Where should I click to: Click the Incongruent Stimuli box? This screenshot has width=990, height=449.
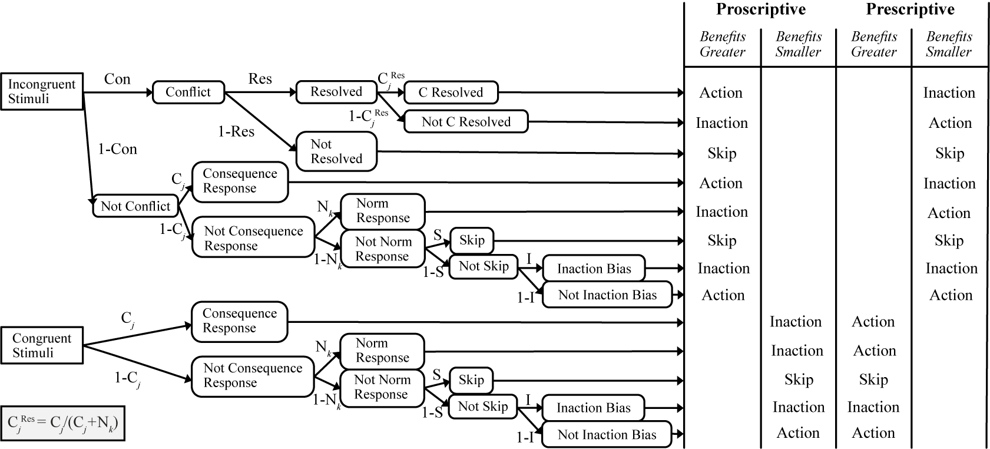pyautogui.click(x=41, y=91)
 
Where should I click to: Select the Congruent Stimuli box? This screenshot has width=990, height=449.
pyautogui.click(x=41, y=346)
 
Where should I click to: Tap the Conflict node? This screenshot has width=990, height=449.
pyautogui.click(x=188, y=92)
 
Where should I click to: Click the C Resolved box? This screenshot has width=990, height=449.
pyautogui.click(x=451, y=93)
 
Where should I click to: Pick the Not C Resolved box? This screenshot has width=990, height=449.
pyautogui.click(x=466, y=122)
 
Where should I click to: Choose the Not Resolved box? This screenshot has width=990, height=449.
pyautogui.click(x=336, y=151)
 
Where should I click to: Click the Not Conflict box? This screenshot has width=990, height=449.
pyautogui.click(x=135, y=206)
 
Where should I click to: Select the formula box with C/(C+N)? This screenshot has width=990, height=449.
pyautogui.click(x=63, y=423)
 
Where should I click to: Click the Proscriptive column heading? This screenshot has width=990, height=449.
pyautogui.click(x=760, y=9)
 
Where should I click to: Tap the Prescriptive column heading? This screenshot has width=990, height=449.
pyautogui.click(x=910, y=9)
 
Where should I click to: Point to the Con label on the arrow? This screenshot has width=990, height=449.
pyautogui.click(x=117, y=79)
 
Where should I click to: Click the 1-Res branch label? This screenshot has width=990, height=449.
pyautogui.click(x=236, y=131)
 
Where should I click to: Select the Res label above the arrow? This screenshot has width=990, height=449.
pyautogui.click(x=260, y=79)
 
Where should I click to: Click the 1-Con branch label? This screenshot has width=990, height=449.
pyautogui.click(x=117, y=149)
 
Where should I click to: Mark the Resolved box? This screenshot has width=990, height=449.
pyautogui.click(x=336, y=92)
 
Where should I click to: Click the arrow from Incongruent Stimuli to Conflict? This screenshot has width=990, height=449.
pyautogui.click(x=118, y=93)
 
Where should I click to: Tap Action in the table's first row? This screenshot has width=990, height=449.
pyautogui.click(x=721, y=93)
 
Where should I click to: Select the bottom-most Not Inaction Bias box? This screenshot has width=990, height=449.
pyautogui.click(x=607, y=435)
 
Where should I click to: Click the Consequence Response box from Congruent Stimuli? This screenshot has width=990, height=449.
pyautogui.click(x=239, y=321)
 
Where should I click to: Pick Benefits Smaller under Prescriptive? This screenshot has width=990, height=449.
pyautogui.click(x=948, y=44)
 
